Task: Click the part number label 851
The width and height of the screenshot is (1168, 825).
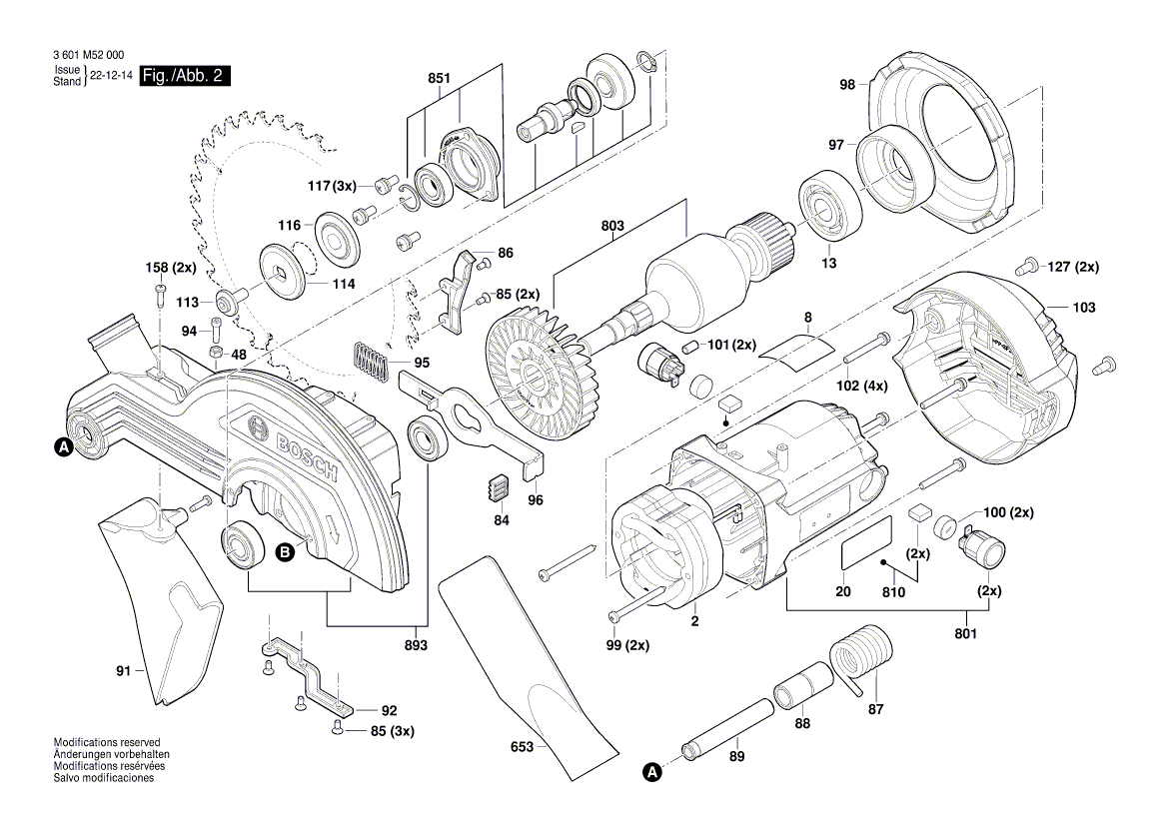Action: (440, 77)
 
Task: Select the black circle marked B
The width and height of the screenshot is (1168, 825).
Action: (285, 550)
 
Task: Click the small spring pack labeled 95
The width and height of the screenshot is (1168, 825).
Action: (369, 361)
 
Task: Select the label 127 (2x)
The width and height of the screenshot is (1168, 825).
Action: (1073, 267)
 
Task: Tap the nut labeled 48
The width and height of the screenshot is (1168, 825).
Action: (215, 354)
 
